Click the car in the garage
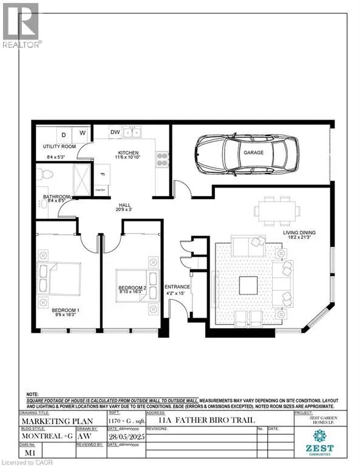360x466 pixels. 246,152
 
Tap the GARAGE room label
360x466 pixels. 254,152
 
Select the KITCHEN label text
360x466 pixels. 129,152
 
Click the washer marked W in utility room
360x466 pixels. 83,133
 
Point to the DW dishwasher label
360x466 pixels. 115,132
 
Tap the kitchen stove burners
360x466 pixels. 162,159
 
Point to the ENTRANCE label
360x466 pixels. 178,286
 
